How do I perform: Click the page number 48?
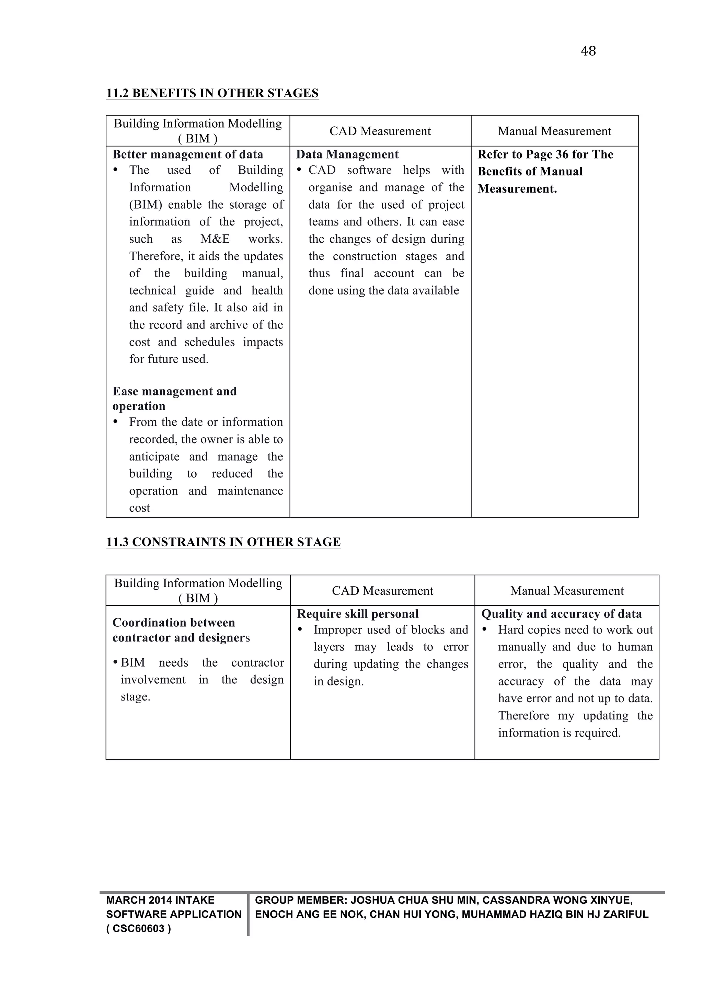pos(588,51)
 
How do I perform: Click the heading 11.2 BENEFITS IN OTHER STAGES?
pos(212,93)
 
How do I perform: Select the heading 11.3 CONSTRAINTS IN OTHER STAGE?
pos(223,542)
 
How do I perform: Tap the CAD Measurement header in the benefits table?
pos(380,131)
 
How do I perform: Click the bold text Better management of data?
pos(187,154)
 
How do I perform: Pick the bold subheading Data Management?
pos(347,154)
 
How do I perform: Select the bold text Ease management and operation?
pos(174,398)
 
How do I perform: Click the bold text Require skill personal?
pos(358,614)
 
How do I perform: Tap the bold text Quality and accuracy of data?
pos(562,614)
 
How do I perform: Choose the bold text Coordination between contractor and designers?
pos(181,630)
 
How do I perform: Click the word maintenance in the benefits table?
pos(250,491)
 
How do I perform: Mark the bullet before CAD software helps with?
pos(299,170)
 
